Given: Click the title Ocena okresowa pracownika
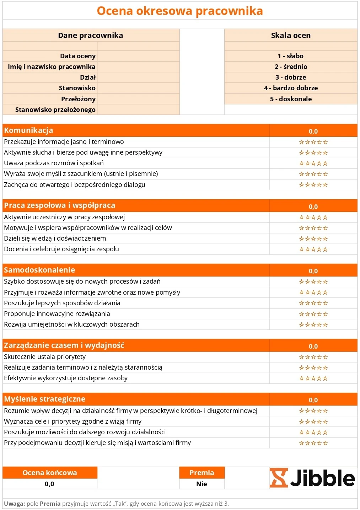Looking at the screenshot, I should click(x=180, y=11).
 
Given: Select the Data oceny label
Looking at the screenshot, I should click(x=77, y=56).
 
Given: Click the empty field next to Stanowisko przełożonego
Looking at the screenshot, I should click(x=138, y=110).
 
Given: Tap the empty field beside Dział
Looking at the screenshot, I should click(x=138, y=77).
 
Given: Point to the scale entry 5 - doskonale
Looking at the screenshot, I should click(x=291, y=99).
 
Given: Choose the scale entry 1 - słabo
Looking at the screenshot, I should click(x=291, y=56).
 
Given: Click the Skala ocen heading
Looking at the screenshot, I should click(x=291, y=36).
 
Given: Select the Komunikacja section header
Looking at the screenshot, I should click(x=28, y=130).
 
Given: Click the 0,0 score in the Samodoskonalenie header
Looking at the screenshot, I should click(x=313, y=271).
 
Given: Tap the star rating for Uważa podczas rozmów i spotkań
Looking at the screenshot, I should click(x=313, y=163).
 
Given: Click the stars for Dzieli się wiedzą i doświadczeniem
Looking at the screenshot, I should click(x=313, y=239).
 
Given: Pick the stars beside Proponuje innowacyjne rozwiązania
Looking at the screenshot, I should click(x=313, y=314).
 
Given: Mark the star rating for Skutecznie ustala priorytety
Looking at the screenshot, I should click(x=313, y=357).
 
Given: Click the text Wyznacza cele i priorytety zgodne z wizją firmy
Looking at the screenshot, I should click(x=72, y=422).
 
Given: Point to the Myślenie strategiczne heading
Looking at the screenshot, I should click(x=44, y=399).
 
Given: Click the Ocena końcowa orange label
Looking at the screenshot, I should click(x=49, y=473).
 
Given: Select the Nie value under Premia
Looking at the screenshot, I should click(x=202, y=484).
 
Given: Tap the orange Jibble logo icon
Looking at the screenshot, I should click(x=278, y=478).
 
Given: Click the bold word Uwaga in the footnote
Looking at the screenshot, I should click(x=14, y=504).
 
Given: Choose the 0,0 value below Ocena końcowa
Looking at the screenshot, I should click(x=49, y=484).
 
